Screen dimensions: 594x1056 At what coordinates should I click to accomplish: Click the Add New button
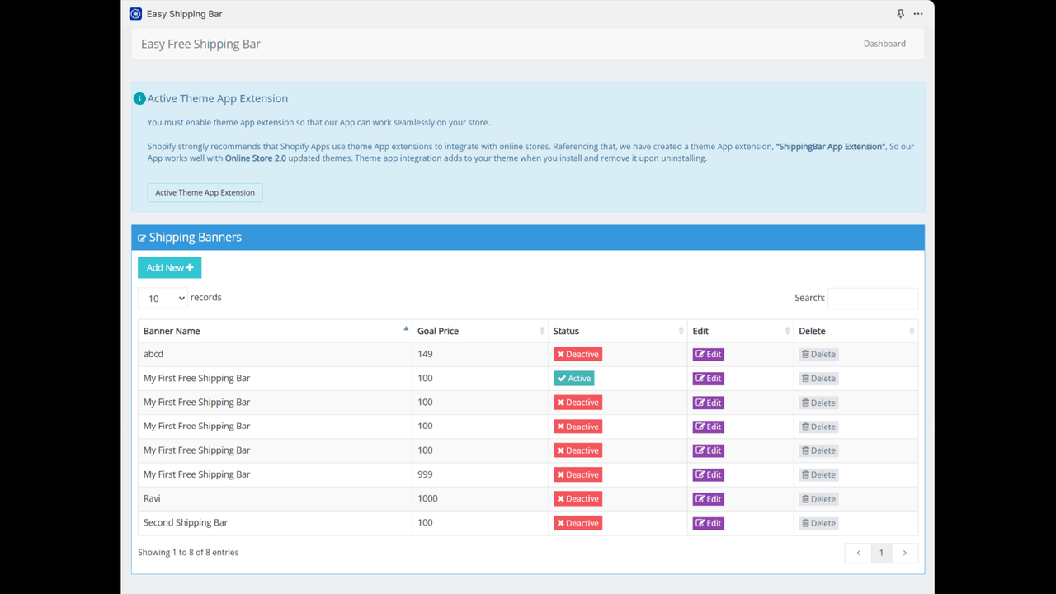(169, 267)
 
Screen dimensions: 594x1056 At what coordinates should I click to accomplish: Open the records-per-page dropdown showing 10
(163, 299)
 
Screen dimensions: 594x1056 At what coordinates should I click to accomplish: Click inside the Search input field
(872, 299)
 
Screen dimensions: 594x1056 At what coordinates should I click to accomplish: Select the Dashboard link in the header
(884, 44)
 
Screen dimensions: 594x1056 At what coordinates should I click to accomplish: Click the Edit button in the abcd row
(708, 355)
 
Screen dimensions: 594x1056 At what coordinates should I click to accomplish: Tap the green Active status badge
(573, 379)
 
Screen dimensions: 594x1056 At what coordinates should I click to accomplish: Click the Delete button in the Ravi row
(818, 499)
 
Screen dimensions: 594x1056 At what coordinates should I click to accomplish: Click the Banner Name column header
(172, 331)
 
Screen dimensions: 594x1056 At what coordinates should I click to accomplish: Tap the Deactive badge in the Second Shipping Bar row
(577, 523)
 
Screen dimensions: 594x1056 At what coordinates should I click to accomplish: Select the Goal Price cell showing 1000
(427, 498)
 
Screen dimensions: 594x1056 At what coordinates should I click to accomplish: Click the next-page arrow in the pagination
(904, 553)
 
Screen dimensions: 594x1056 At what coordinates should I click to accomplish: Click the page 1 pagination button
(881, 553)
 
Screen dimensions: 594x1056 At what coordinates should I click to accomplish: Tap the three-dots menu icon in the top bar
(918, 14)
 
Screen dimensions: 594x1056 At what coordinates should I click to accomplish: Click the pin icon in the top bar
(900, 14)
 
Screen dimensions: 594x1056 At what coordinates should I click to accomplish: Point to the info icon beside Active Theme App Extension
(139, 99)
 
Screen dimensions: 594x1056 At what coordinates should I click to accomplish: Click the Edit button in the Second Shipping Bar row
(708, 523)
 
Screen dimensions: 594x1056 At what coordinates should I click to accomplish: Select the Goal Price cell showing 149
(425, 354)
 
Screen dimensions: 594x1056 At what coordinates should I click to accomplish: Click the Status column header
(566, 331)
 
